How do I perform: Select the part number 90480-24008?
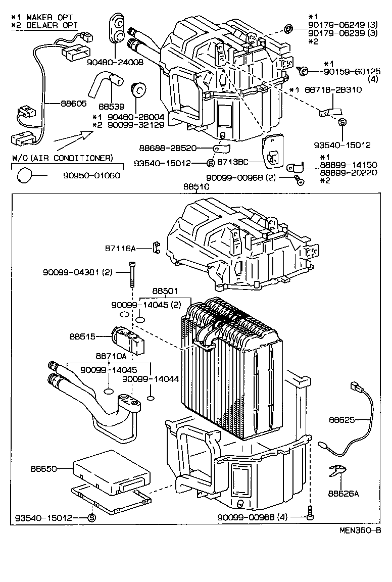(x=115, y=63)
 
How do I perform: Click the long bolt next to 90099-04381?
(x=132, y=273)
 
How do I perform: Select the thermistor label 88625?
(x=342, y=420)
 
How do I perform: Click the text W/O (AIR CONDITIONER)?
(x=62, y=158)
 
